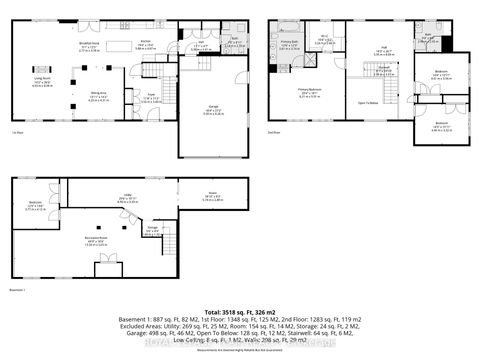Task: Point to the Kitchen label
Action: pyautogui.click(x=146, y=43)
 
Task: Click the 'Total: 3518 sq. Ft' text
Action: pyautogui.click(x=240, y=313)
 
